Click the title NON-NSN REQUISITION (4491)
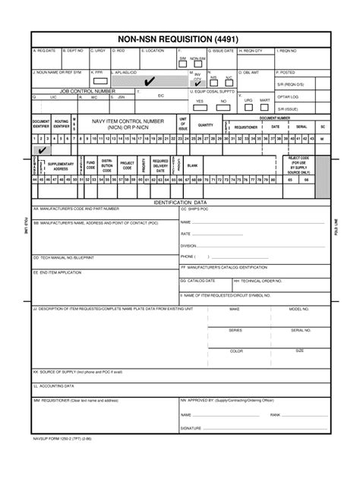180,39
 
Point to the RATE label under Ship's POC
186,234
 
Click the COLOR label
236,351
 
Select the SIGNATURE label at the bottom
191,428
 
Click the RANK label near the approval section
275,415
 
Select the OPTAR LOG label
288,96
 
